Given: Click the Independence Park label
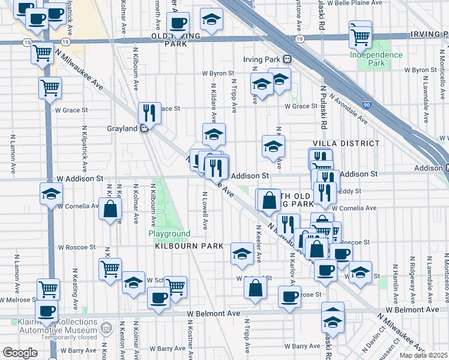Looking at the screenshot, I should click(376, 59).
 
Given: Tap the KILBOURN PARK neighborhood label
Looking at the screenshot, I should click(189, 247).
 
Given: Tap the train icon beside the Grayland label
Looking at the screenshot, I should click(145, 128).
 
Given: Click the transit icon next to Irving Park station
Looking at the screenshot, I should click(288, 59).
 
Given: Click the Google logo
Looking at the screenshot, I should click(20, 353).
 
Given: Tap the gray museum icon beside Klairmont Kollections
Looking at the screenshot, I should click(106, 328).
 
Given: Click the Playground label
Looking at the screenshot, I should click(169, 233).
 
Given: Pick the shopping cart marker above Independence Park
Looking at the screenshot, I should click(360, 34).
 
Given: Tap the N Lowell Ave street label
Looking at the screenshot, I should click(205, 210).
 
